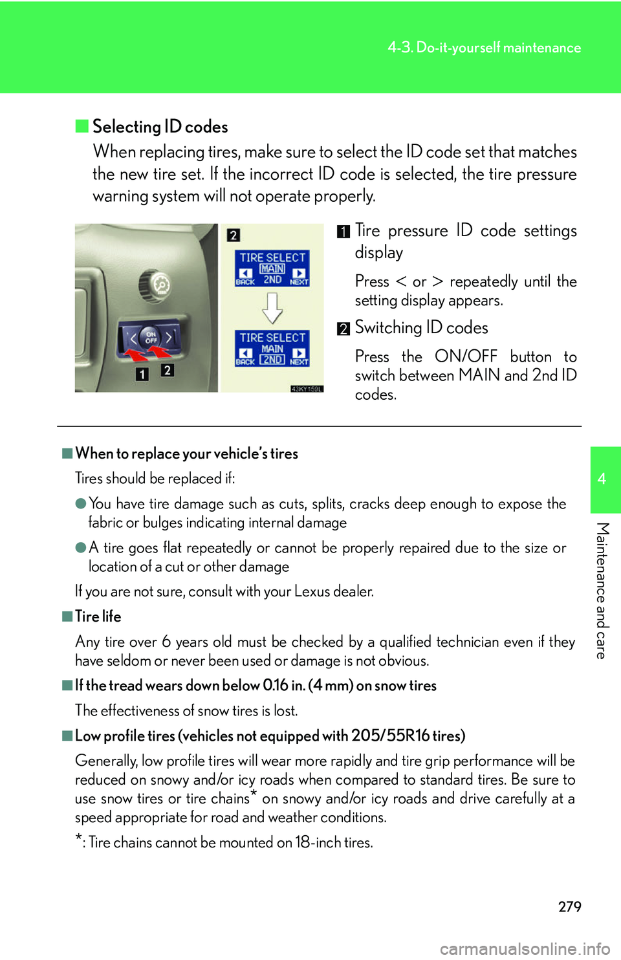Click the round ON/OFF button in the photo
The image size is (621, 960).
point(151,336)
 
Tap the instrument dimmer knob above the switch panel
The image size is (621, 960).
point(156,284)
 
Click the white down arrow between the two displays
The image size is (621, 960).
point(272,308)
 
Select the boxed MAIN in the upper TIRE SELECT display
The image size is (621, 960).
point(272,268)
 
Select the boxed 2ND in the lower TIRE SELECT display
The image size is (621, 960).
point(272,360)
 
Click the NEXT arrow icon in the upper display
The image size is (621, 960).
point(299,273)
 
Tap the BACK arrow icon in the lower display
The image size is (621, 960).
point(245,353)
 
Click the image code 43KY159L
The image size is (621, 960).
point(306,389)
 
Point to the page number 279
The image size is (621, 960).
point(569,906)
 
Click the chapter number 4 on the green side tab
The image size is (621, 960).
point(602,479)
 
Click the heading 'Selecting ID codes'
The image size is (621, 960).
point(160,127)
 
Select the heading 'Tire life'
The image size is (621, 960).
point(98,616)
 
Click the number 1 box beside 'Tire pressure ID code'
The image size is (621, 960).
point(343,232)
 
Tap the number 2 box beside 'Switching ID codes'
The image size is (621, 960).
point(343,329)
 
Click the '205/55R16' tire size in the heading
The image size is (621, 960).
point(390,736)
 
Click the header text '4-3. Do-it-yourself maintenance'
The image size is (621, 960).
point(484,48)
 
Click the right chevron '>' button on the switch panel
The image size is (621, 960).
point(169,337)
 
